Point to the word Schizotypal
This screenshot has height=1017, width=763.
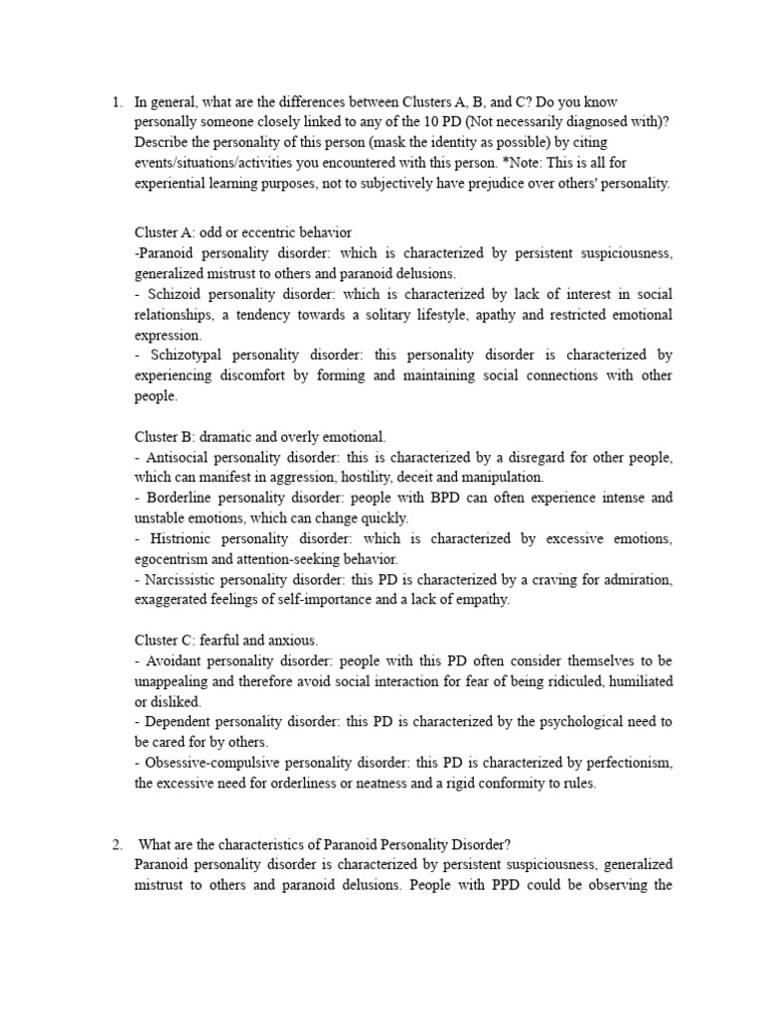coord(185,356)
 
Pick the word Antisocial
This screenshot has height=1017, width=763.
coord(179,457)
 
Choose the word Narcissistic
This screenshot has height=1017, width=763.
coord(185,580)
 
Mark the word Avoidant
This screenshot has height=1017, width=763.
coord(176,661)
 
